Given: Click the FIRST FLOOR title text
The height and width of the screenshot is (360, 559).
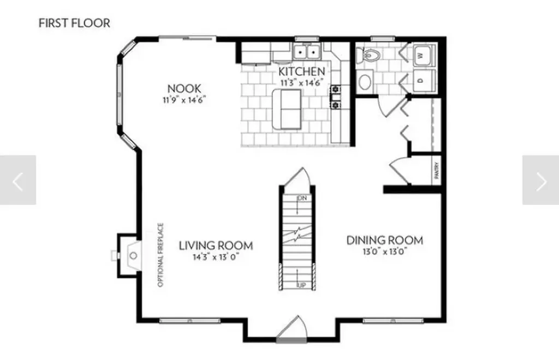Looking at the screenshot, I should pyautogui.click(x=74, y=23).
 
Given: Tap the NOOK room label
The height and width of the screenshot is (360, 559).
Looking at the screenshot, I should pyautogui.click(x=184, y=88).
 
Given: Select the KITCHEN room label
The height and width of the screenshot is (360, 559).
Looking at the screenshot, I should pyautogui.click(x=302, y=71).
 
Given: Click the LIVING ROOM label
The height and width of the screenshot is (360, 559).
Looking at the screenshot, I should pyautogui.click(x=216, y=245).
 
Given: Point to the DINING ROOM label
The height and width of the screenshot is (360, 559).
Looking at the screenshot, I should pyautogui.click(x=385, y=240).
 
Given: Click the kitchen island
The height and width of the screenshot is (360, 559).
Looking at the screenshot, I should pyautogui.click(x=287, y=109).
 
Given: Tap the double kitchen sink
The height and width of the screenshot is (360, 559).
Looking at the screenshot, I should pyautogui.click(x=306, y=52).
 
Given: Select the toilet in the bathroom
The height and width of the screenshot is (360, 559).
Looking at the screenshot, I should pyautogui.click(x=371, y=55).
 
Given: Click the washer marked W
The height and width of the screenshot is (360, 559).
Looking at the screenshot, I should pyautogui.click(x=424, y=56).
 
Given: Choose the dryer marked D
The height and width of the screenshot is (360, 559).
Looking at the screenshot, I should pyautogui.click(x=424, y=80).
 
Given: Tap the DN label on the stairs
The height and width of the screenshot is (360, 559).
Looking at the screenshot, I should pyautogui.click(x=300, y=197).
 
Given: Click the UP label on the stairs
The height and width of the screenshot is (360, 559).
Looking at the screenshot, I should pyautogui.click(x=300, y=285).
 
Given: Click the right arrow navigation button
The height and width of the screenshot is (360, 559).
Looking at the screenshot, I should pyautogui.click(x=540, y=181).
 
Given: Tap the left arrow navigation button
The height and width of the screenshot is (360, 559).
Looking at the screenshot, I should pyautogui.click(x=18, y=181).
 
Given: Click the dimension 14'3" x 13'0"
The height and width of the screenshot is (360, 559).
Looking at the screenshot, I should pyautogui.click(x=216, y=256).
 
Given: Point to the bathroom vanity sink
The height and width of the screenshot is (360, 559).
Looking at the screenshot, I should pyautogui.click(x=365, y=81).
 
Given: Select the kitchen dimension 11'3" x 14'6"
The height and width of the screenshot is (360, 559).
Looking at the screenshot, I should pyautogui.click(x=302, y=82).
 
